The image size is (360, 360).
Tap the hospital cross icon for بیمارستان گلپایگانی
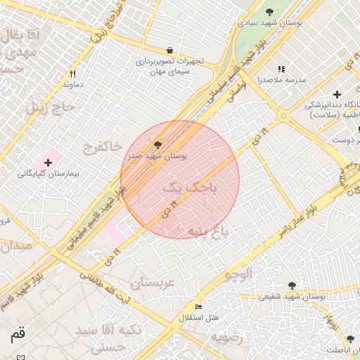[x=48, y=162]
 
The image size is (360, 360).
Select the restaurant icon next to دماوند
[x=73, y=74]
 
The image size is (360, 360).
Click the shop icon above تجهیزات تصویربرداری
[x=170, y=50]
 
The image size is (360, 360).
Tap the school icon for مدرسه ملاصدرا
[x=282, y=69]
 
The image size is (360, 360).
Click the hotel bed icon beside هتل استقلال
[x=198, y=307]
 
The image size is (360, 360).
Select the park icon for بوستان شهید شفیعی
[x=292, y=285]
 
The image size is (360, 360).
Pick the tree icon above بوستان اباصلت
[x=350, y=339]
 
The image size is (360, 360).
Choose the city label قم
[x=18, y=336]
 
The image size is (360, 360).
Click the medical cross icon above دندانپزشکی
[x=337, y=94]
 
